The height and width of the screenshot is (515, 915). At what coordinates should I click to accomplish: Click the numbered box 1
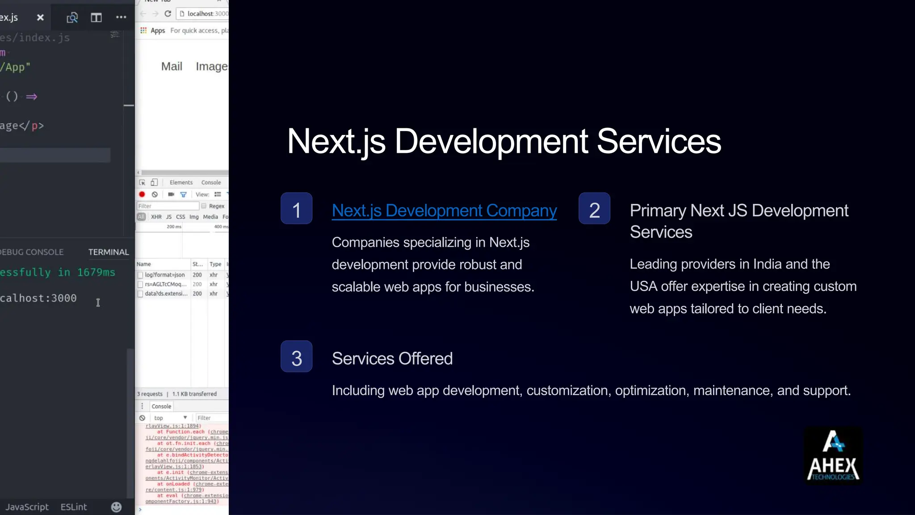(296, 208)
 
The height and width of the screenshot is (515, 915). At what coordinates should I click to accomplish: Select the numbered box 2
(594, 208)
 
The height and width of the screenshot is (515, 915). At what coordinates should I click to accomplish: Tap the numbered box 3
(296, 356)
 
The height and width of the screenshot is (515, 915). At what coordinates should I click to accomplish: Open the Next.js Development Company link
(444, 211)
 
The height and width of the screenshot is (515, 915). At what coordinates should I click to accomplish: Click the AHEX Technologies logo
(833, 456)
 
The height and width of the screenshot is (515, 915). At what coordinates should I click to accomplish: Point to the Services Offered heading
(392, 359)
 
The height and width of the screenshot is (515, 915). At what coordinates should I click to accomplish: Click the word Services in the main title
(659, 141)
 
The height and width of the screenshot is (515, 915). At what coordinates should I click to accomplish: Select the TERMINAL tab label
(109, 252)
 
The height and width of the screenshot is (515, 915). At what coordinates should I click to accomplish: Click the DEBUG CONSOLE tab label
(31, 252)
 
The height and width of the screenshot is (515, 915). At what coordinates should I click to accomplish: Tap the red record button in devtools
(142, 194)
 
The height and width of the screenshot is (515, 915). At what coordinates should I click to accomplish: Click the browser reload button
(168, 14)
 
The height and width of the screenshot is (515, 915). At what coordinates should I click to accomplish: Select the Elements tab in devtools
(181, 182)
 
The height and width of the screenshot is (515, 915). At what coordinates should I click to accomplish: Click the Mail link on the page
(172, 67)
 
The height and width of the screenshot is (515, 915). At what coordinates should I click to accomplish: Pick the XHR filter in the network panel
(156, 217)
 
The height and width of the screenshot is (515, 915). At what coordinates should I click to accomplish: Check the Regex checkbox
(204, 206)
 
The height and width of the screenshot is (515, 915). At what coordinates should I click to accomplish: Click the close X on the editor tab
(40, 17)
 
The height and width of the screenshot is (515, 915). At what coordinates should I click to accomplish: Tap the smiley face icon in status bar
(116, 507)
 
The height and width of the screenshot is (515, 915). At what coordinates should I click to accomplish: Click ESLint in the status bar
(74, 507)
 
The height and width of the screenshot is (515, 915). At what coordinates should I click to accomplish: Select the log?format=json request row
(164, 275)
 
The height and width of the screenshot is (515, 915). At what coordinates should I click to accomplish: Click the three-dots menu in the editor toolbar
(121, 17)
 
